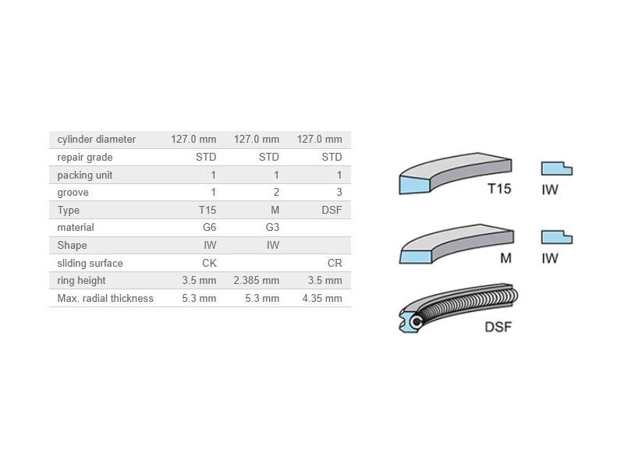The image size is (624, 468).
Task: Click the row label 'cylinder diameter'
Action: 96,140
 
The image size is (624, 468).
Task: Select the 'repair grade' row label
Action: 84,158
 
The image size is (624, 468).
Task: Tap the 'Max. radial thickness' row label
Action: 105,299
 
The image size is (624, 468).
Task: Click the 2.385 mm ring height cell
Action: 256,281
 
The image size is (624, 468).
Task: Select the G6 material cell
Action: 208,228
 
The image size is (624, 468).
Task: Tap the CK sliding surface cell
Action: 208,264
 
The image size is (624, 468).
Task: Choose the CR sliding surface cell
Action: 334,264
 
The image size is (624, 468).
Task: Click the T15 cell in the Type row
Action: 207,211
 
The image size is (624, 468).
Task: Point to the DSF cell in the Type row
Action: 331,211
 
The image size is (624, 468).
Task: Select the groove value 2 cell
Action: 275,193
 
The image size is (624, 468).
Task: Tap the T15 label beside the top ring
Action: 499,189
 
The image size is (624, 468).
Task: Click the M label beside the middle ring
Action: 505,258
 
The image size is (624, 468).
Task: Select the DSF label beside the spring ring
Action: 498,327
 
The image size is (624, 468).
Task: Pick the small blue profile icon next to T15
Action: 556,168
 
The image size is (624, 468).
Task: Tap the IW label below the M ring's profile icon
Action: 550,258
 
